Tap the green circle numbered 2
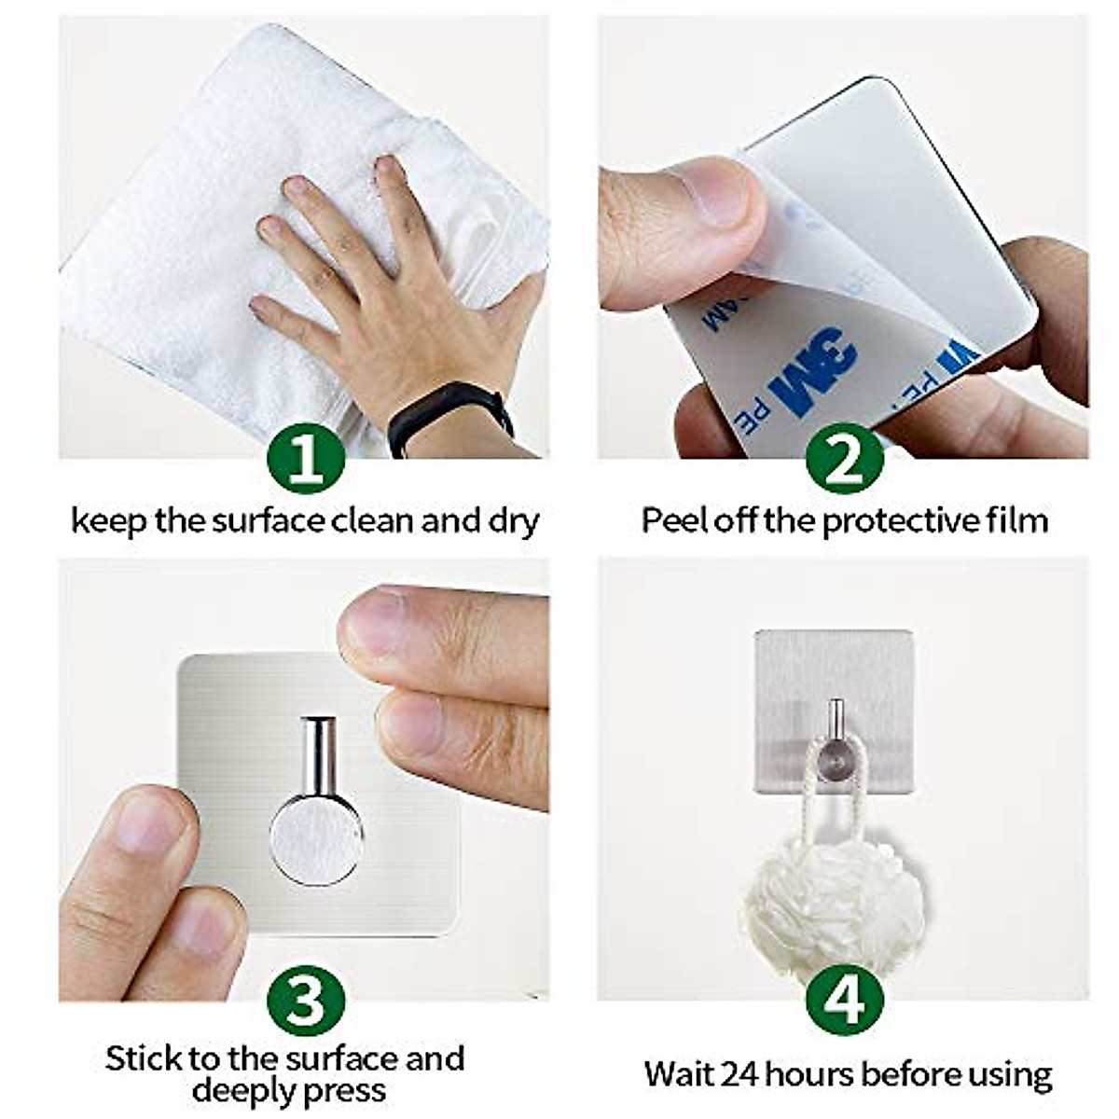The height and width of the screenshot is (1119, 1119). pos(844,462)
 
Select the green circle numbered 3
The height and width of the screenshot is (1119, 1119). pos(306,1002)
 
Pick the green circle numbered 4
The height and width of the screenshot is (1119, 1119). pos(844,1002)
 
